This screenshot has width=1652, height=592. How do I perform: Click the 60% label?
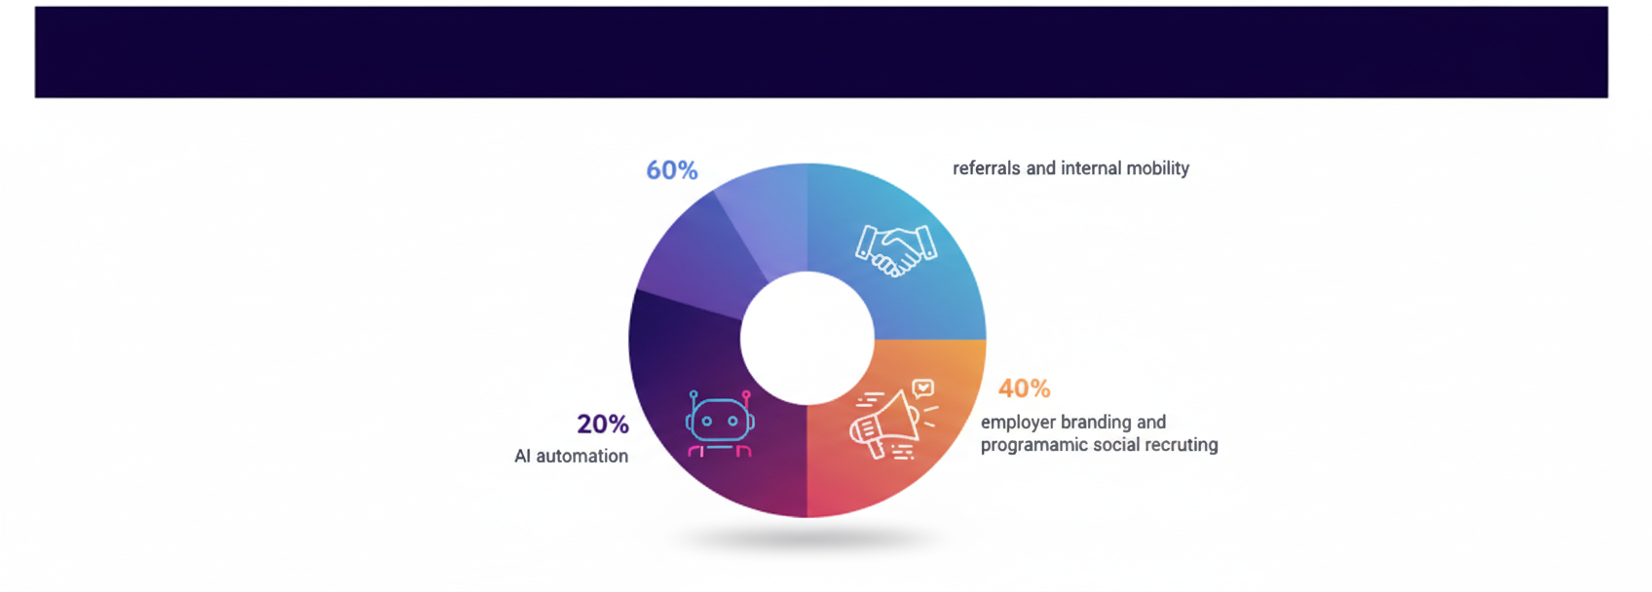pos(671,170)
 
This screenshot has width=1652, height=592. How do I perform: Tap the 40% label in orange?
pos(1024,388)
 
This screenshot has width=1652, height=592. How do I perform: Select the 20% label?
pos(602,425)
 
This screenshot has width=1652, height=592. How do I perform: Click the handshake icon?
pos(895,250)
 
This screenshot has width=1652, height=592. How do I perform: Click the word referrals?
pos(986,168)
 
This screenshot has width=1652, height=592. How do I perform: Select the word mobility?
pos(1157,168)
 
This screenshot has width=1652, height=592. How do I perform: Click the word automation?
pos(582,457)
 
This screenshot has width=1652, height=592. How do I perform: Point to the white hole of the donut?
pos(807,338)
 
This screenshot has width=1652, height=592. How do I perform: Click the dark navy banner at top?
pos(820,52)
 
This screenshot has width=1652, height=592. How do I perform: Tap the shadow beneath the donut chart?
pos(807,538)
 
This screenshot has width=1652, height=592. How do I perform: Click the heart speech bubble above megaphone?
pos(922,388)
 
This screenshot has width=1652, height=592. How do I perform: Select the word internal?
pos(1090,168)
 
